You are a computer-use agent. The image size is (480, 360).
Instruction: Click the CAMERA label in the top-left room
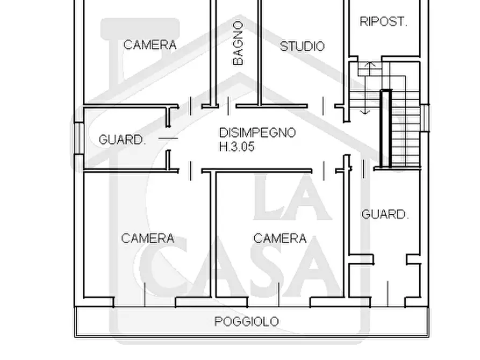tap(150, 45)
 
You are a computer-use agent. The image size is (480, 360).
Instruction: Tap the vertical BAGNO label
tap(238, 43)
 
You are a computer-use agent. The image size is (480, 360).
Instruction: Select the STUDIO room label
tap(302, 46)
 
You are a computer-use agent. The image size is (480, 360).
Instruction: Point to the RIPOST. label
tap(383, 22)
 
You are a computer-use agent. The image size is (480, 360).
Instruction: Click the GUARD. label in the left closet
tap(122, 140)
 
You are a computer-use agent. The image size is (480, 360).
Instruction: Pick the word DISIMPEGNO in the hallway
tap(257, 132)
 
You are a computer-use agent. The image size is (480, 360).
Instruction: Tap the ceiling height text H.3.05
tap(237, 147)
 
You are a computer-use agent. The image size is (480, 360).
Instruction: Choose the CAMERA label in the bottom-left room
tap(148, 238)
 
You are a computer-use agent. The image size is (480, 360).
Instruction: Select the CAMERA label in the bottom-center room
tap(280, 238)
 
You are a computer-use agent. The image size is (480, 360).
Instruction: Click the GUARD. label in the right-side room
tap(385, 215)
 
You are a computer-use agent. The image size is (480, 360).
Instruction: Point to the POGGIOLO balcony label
tap(247, 322)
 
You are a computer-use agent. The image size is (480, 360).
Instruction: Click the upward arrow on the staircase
tap(368, 67)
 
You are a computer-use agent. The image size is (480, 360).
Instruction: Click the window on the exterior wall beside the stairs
tap(426, 118)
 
